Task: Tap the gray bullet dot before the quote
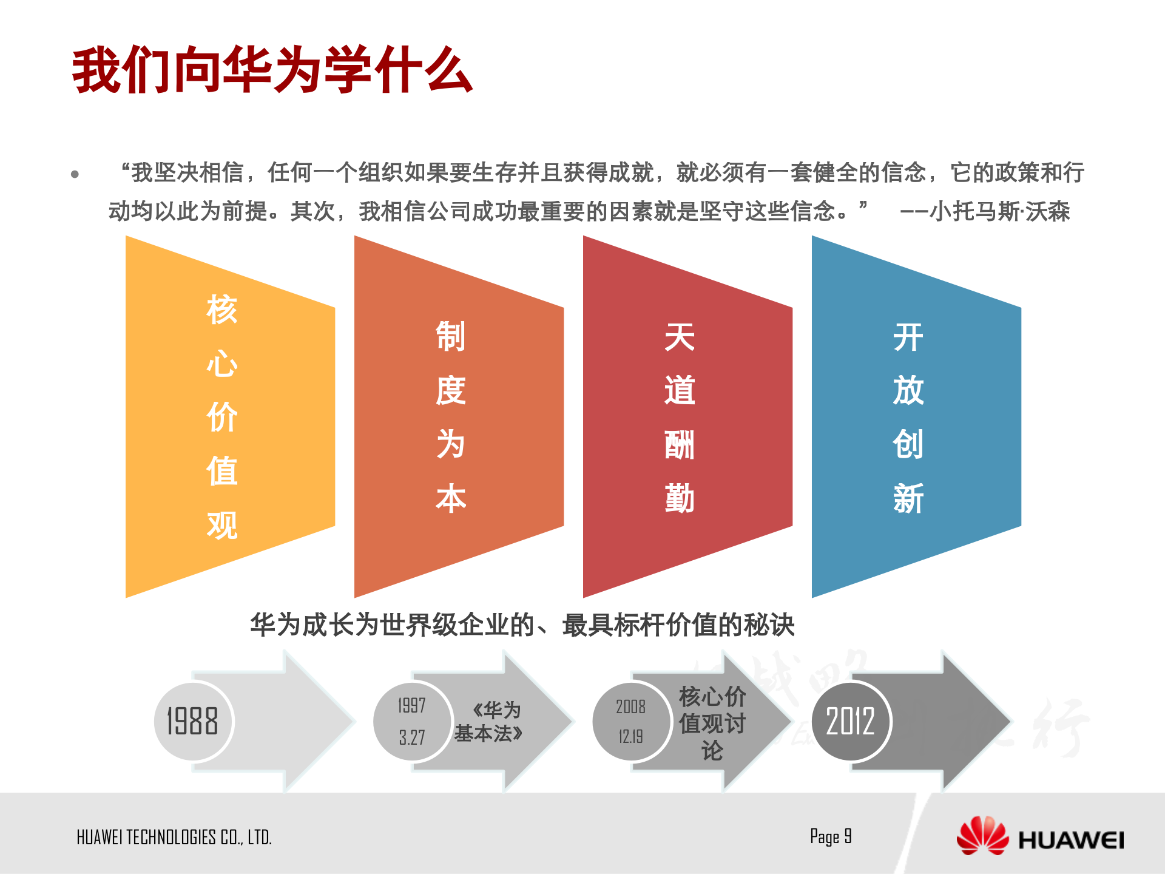pos(75,175)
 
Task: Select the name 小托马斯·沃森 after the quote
pos(999,212)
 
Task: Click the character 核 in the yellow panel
pos(221,310)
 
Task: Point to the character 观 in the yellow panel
pos(221,525)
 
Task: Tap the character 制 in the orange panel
pos(450,337)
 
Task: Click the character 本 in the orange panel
pos(450,499)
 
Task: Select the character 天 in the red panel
pos(679,337)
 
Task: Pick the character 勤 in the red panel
pos(679,499)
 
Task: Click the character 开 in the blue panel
pos(908,337)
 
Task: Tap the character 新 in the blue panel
pos(908,499)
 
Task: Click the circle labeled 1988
pos(193,721)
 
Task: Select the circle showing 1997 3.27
pos(412,721)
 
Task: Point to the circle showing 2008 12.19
pos(631,721)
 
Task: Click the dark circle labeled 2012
pos(851,721)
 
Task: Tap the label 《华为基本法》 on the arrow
pos(489,722)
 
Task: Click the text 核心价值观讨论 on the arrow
pos(712,723)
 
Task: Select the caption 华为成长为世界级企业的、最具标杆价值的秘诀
pos(522,625)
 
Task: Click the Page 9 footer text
pos(831,837)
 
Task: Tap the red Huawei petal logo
pos(982,836)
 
